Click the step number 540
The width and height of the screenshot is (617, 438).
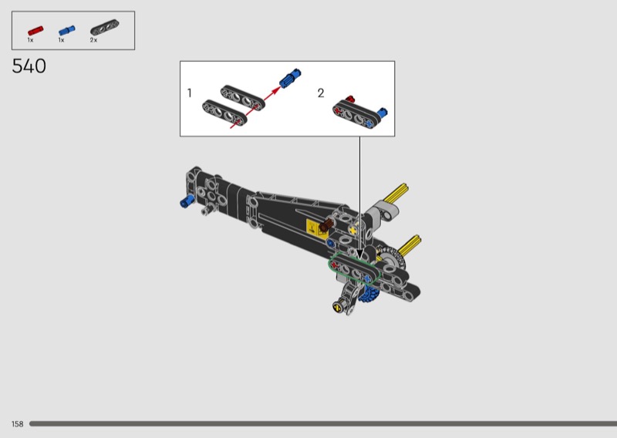[x=29, y=66]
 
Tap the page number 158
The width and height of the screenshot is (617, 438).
[x=17, y=424]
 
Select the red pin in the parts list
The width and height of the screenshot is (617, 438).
[x=35, y=31]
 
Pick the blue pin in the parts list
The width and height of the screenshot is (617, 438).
[x=66, y=30]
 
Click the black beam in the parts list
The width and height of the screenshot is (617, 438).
[x=105, y=28]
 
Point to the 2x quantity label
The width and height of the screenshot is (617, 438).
[x=93, y=40]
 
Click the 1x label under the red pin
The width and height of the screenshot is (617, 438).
[x=30, y=40]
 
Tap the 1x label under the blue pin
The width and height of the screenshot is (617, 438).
[x=61, y=40]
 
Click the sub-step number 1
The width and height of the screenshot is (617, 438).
[x=190, y=93]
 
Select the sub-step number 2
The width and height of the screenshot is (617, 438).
[x=321, y=93]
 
